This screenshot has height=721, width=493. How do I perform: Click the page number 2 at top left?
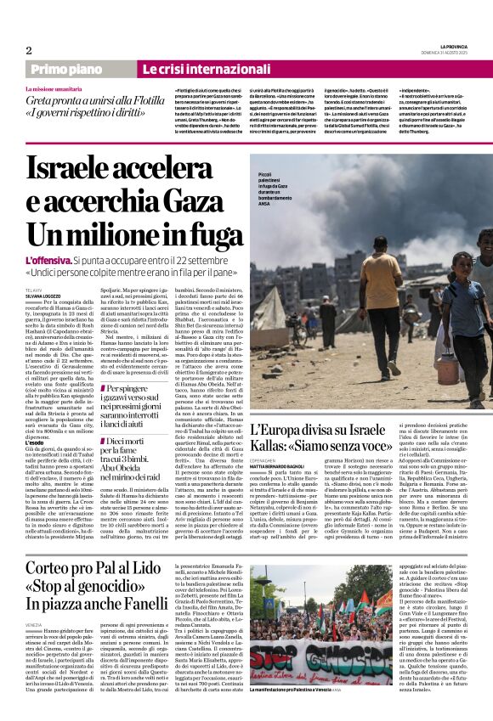pyautogui.click(x=28, y=49)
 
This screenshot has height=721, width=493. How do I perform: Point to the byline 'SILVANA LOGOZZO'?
pyautogui.click(x=42, y=296)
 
